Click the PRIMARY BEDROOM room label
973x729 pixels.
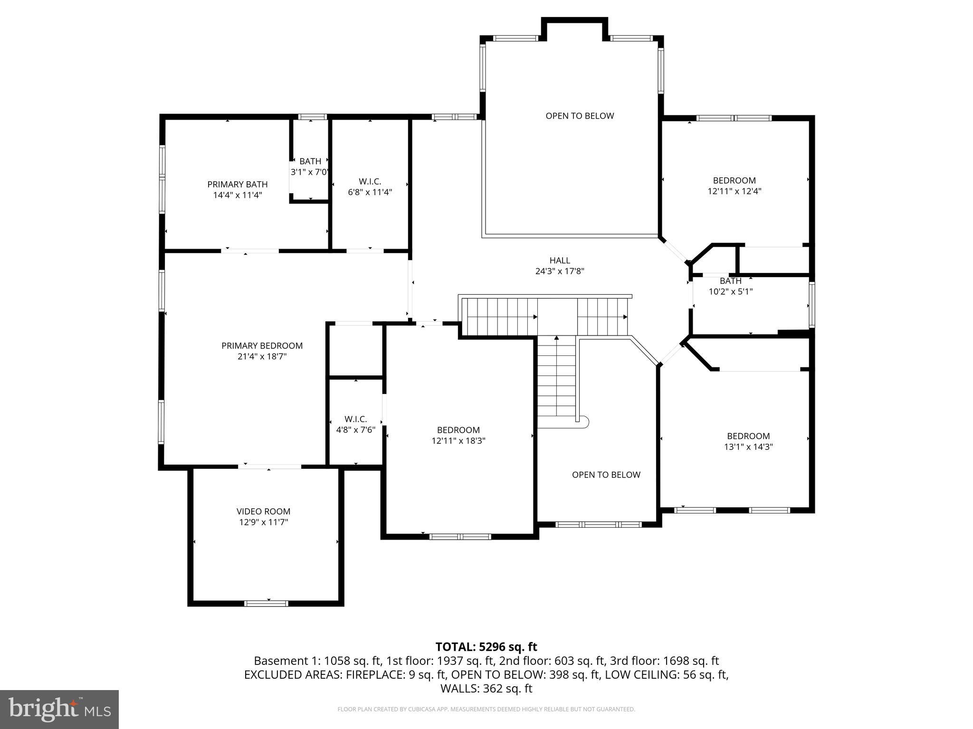(x=262, y=346)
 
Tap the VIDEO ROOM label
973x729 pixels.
(x=263, y=511)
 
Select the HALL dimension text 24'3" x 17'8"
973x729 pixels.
(x=559, y=271)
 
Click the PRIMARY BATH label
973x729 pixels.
(x=237, y=184)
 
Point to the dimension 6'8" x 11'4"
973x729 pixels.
(x=370, y=192)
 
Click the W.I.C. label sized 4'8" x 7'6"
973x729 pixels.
(x=355, y=419)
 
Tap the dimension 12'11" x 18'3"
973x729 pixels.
(x=458, y=440)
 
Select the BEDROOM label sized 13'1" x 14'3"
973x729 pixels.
(x=748, y=436)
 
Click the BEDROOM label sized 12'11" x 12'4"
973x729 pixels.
(x=734, y=180)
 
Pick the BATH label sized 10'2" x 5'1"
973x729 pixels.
(x=730, y=281)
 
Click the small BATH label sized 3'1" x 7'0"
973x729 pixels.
(x=310, y=161)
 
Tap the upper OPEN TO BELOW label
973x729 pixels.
(x=580, y=116)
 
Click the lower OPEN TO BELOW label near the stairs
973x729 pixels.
(x=606, y=475)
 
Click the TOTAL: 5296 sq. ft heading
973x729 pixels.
(x=486, y=646)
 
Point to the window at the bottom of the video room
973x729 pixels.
(x=266, y=603)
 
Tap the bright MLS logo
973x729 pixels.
(x=59, y=709)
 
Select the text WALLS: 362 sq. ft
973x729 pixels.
(x=486, y=688)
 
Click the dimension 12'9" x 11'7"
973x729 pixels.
(x=263, y=522)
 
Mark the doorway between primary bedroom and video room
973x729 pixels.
(x=269, y=467)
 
